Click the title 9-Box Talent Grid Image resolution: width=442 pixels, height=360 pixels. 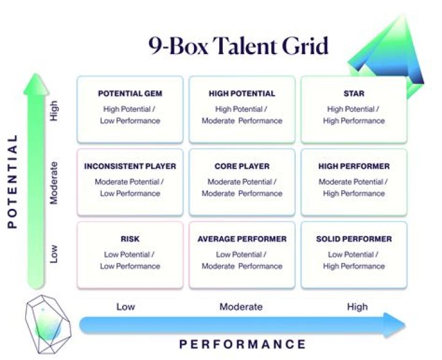238,47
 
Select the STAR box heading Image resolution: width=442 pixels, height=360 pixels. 354,94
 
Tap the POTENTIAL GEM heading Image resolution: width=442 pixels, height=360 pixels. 130,94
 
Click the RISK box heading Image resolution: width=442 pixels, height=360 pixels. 130,239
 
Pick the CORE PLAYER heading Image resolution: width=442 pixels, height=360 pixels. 242,166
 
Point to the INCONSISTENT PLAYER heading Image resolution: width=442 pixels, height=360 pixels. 130,166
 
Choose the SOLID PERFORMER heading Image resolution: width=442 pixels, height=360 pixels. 354,239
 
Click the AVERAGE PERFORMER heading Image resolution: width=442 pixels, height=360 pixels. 242,239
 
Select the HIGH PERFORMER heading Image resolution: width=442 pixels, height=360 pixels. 354,166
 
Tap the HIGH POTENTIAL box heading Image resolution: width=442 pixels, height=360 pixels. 242,94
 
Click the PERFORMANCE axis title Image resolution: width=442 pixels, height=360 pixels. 242,343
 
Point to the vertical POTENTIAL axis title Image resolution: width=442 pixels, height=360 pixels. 14,185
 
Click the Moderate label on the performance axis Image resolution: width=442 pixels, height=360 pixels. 241,307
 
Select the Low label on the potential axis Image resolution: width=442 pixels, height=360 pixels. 54,254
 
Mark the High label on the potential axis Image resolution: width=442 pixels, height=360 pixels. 54,111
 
